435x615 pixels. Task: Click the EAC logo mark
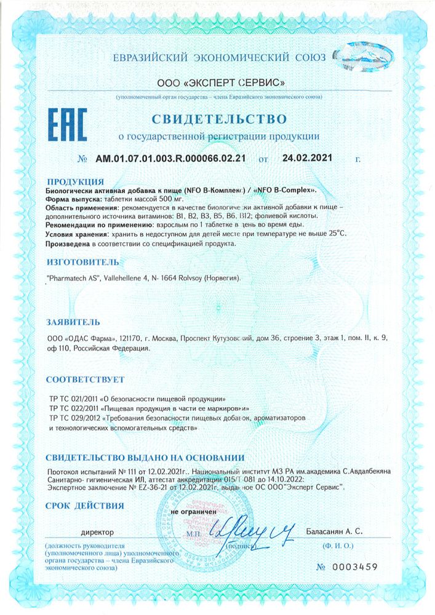pos(68,125)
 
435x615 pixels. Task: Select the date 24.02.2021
pos(307,158)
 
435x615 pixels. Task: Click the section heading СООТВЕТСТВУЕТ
pos(86,379)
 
